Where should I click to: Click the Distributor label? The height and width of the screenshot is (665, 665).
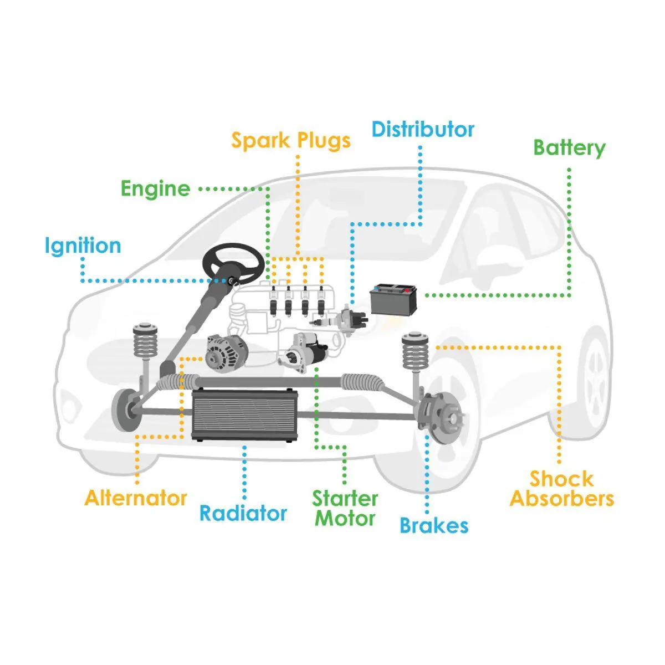click(x=423, y=130)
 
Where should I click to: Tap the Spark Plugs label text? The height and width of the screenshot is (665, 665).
click(x=291, y=140)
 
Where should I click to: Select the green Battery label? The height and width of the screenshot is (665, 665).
click(x=569, y=148)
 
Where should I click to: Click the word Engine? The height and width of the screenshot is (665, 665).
click(x=156, y=189)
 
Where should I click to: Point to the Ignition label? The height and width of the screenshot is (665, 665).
click(x=83, y=246)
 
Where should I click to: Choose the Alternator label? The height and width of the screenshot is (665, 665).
click(x=136, y=498)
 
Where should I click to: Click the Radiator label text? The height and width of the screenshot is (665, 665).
click(x=243, y=513)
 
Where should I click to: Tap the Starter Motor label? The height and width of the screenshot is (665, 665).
click(x=345, y=508)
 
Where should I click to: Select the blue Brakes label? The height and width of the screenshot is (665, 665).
click(x=434, y=525)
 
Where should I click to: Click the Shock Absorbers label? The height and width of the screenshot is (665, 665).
click(x=561, y=489)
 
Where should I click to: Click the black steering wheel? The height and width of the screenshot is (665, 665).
click(x=233, y=264)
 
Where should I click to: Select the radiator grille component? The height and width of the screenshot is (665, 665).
click(x=244, y=415)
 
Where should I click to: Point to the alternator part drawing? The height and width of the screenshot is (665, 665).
click(x=225, y=354)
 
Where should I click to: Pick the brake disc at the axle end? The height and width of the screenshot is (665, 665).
click(x=443, y=418)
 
